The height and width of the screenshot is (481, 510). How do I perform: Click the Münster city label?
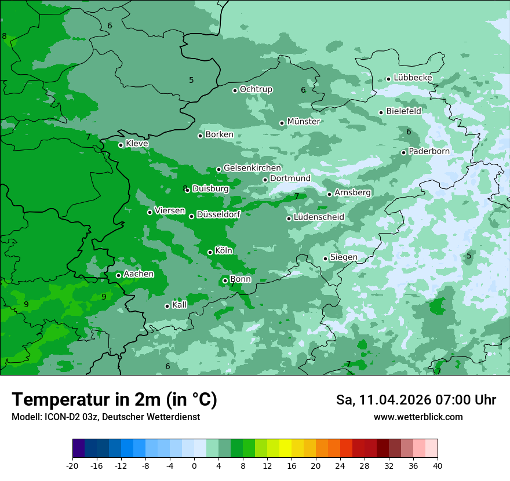(304, 122)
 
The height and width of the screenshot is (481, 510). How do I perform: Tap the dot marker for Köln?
(210, 252)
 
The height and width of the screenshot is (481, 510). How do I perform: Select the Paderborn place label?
(429, 151)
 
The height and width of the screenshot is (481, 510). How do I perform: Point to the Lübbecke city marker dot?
(388, 79)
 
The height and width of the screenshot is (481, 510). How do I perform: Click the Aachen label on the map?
(139, 274)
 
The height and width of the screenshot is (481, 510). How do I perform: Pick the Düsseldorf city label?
(218, 214)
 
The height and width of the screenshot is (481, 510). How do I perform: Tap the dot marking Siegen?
(325, 258)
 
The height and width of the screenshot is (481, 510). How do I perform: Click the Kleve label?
(137, 144)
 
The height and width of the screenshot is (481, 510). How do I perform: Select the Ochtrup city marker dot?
(235, 90)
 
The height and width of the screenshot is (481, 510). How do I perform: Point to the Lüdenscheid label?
(319, 217)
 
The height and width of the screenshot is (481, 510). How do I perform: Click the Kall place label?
(180, 305)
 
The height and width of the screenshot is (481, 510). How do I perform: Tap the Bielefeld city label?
(403, 111)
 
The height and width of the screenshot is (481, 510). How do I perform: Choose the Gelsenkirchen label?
(252, 168)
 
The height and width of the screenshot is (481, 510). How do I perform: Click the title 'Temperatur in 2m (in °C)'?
(114, 399)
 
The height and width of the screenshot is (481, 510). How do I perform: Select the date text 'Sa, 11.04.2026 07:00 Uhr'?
(416, 400)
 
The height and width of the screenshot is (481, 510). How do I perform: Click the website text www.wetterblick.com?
(418, 417)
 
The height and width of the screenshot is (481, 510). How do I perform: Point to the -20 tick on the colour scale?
(72, 465)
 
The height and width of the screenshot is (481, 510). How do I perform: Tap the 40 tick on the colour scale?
(438, 465)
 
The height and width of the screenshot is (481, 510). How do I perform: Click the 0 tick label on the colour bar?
(194, 465)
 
